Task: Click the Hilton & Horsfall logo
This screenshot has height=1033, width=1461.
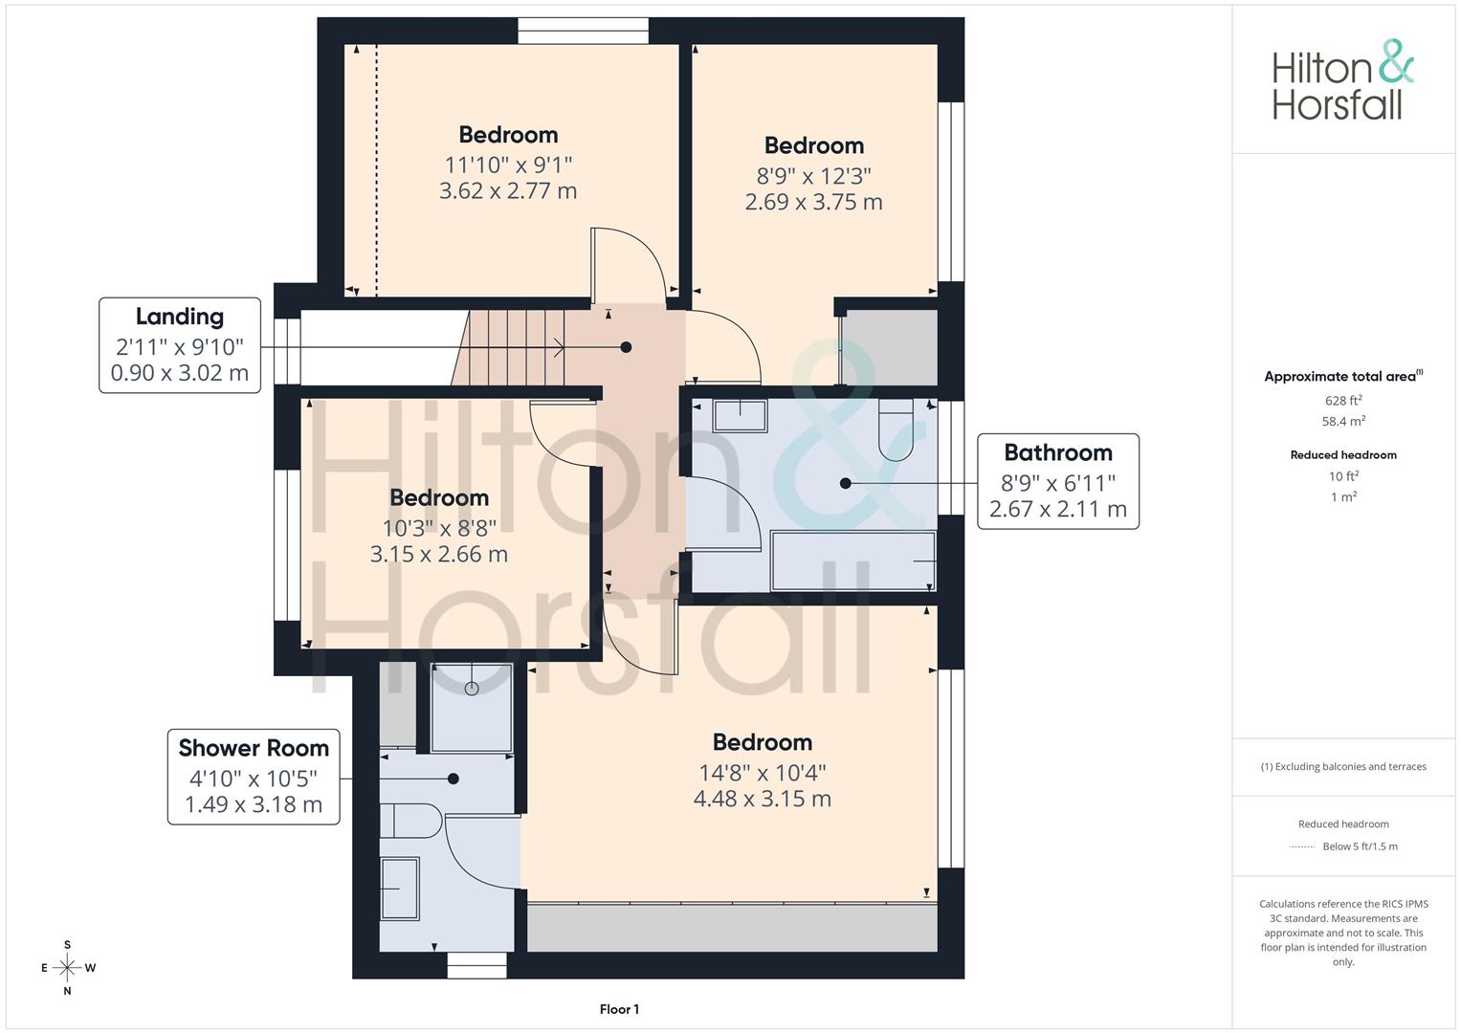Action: tap(1343, 80)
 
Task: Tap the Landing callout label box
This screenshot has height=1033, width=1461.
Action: tap(179, 345)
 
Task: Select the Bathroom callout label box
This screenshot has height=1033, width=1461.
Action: tap(1058, 481)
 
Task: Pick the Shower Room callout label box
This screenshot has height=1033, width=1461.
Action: tap(254, 777)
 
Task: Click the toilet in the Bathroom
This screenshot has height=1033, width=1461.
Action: tap(896, 430)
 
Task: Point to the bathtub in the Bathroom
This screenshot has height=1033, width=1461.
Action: tap(853, 560)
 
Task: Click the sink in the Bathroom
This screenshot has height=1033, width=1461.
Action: tap(740, 416)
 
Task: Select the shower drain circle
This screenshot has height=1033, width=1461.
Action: tap(472, 688)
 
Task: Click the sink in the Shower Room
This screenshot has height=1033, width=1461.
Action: tap(399, 889)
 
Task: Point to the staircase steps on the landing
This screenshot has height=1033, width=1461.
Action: tap(509, 347)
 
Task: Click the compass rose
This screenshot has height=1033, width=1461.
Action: tap(67, 968)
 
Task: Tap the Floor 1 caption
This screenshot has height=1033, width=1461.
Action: tap(619, 1009)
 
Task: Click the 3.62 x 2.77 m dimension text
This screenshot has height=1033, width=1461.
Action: tap(508, 191)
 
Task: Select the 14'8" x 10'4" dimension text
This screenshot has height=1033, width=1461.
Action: tap(763, 773)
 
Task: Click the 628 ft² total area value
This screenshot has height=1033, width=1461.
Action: tap(1343, 401)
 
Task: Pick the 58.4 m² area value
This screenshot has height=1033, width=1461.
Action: tap(1343, 421)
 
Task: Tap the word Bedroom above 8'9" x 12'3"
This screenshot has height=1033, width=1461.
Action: tap(814, 145)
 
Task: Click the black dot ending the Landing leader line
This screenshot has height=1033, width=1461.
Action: tap(626, 347)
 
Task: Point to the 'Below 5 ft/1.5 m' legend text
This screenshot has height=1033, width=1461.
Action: tap(1360, 846)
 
